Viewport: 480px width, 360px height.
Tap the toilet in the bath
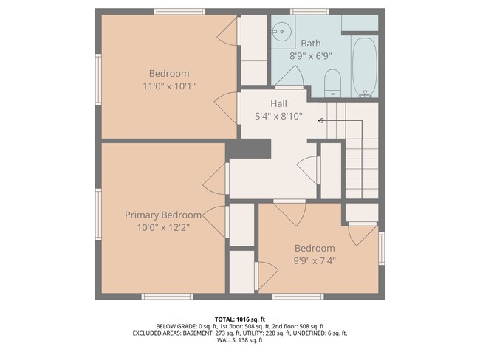(x=332, y=82)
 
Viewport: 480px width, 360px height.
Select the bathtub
(x=364, y=67)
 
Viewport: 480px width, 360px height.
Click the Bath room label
(x=310, y=44)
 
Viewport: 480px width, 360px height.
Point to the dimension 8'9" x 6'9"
(x=310, y=55)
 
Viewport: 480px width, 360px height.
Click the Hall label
(x=278, y=104)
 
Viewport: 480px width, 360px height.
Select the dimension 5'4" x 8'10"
(x=278, y=116)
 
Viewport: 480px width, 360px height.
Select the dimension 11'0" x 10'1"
(x=169, y=86)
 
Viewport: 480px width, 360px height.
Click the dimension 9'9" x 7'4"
(x=315, y=260)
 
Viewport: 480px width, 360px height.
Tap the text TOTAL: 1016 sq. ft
(x=240, y=318)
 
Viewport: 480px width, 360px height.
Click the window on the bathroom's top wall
(x=304, y=12)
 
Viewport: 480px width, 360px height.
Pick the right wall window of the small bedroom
(x=382, y=247)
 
